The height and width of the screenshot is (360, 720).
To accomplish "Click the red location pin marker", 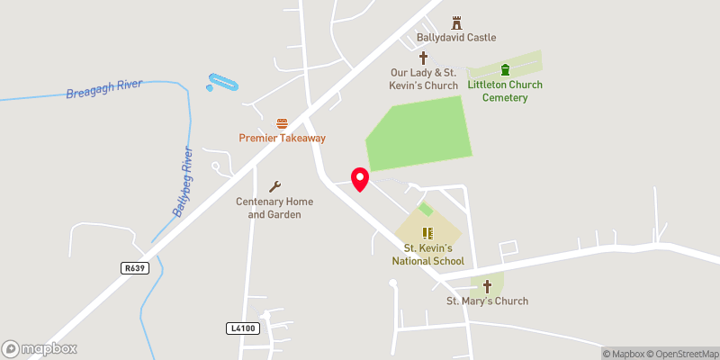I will pos(360,178).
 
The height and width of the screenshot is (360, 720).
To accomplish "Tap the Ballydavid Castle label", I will pos(456,38).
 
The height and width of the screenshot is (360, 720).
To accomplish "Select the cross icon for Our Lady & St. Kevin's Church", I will pos(423,58).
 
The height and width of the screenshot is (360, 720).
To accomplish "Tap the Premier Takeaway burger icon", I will pos(282,122).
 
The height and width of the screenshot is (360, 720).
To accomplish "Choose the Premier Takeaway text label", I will pos(282,138).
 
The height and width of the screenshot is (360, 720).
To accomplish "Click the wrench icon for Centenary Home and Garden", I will pos(275,185).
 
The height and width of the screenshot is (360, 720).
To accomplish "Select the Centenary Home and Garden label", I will pos(268,208).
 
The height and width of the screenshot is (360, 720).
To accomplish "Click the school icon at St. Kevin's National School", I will pos(427,232).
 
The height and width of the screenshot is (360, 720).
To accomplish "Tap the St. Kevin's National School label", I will pos(427,254).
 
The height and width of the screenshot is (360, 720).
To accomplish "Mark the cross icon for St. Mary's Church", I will pos(488,286).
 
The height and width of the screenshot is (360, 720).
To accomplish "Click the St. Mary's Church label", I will pos(488,301).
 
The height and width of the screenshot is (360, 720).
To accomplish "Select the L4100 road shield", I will pos(243,328).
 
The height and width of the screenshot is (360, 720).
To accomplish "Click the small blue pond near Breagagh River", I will pos(222,83).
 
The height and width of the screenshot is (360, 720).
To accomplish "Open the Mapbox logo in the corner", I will pos(40,348).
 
